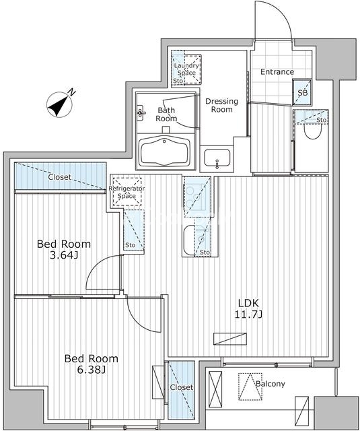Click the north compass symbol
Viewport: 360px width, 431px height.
tap(59, 104)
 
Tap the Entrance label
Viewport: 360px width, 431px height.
tap(277, 72)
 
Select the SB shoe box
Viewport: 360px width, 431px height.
tap(302, 92)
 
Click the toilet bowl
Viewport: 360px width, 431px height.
tap(313, 132)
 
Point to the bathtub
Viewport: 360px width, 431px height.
tap(164, 151)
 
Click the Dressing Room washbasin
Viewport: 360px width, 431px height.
tap(217, 158)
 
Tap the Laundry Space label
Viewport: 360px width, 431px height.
tap(186, 69)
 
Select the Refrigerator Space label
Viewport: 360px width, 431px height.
tap(127, 192)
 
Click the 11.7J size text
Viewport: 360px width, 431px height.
tap(248, 314)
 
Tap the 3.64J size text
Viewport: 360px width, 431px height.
tap(64, 255)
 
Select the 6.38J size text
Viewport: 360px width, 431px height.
tap(91, 370)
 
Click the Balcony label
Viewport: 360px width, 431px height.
tap(271, 384)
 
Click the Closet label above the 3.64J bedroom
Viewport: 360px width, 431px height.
tap(60, 177)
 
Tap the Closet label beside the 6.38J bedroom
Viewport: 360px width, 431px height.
tap(182, 387)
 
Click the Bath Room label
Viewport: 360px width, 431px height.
tap(166, 114)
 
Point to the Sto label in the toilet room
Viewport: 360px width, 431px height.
tap(322, 120)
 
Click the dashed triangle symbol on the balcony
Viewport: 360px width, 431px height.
tap(250, 386)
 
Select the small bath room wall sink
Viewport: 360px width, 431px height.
tap(141, 112)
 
